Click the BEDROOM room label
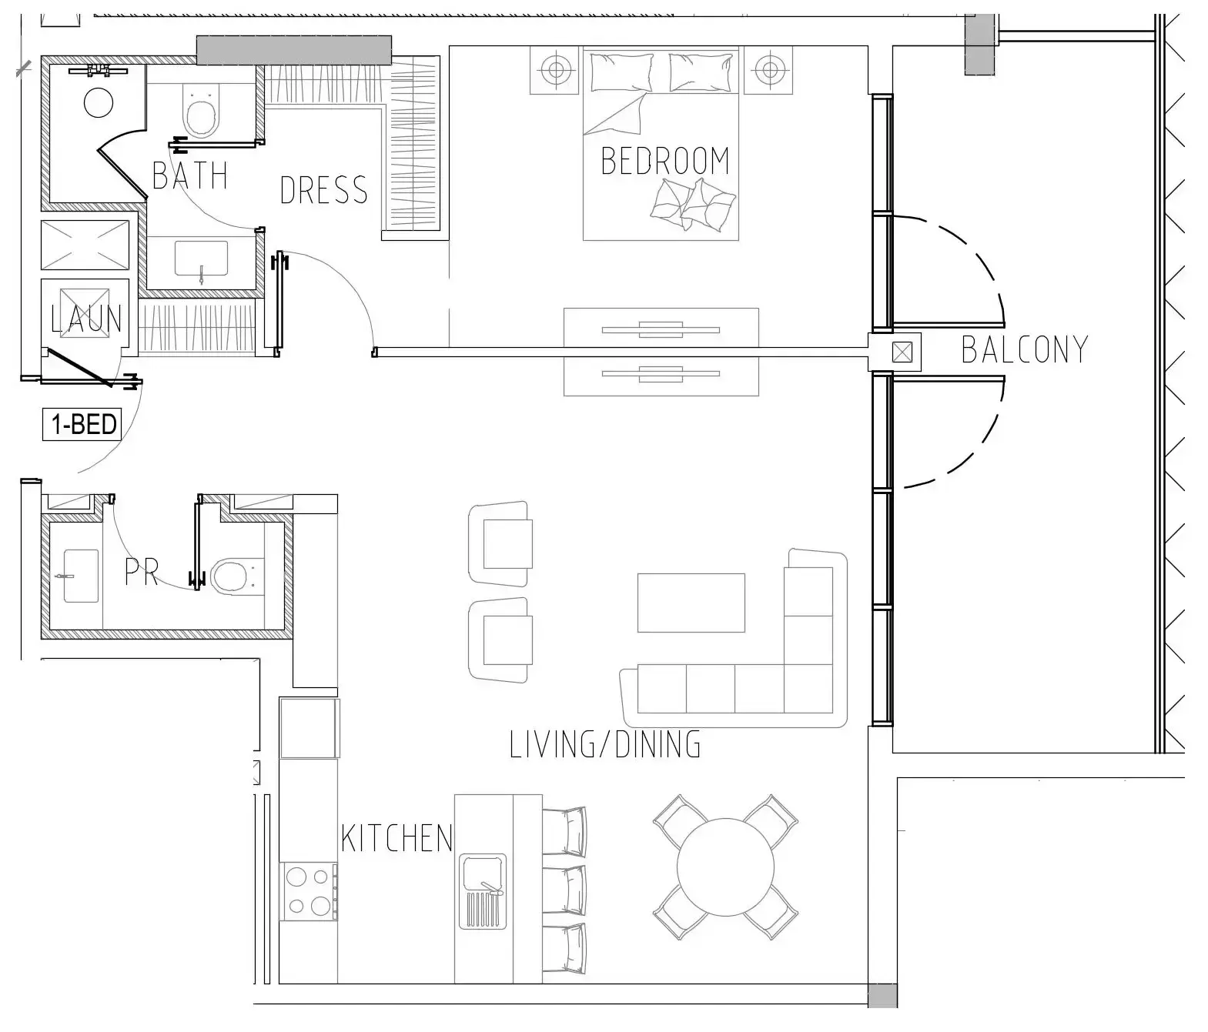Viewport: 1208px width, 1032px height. pyautogui.click(x=664, y=161)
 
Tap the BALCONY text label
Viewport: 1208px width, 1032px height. pyautogui.click(x=1024, y=349)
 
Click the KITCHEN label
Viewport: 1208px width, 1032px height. pyautogui.click(x=397, y=838)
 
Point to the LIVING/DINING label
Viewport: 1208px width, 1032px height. pyautogui.click(x=605, y=744)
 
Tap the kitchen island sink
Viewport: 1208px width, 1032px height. pyautogui.click(x=483, y=890)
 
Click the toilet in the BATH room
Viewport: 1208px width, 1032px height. pyautogui.click(x=201, y=112)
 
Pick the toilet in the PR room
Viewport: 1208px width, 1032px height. pyautogui.click(x=232, y=575)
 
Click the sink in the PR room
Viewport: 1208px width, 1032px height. pyautogui.click(x=80, y=575)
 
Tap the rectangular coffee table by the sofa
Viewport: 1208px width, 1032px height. pyautogui.click(x=691, y=603)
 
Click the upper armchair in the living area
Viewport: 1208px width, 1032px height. pyautogui.click(x=501, y=543)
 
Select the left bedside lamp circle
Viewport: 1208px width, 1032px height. pyautogui.click(x=554, y=71)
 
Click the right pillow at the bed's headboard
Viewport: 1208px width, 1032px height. pyautogui.click(x=700, y=72)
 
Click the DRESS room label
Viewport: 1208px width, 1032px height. pyautogui.click(x=323, y=190)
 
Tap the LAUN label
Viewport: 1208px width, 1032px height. pyautogui.click(x=85, y=319)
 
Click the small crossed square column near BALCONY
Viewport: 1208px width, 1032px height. pyautogui.click(x=902, y=352)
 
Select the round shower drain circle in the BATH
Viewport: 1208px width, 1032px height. pyautogui.click(x=99, y=102)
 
